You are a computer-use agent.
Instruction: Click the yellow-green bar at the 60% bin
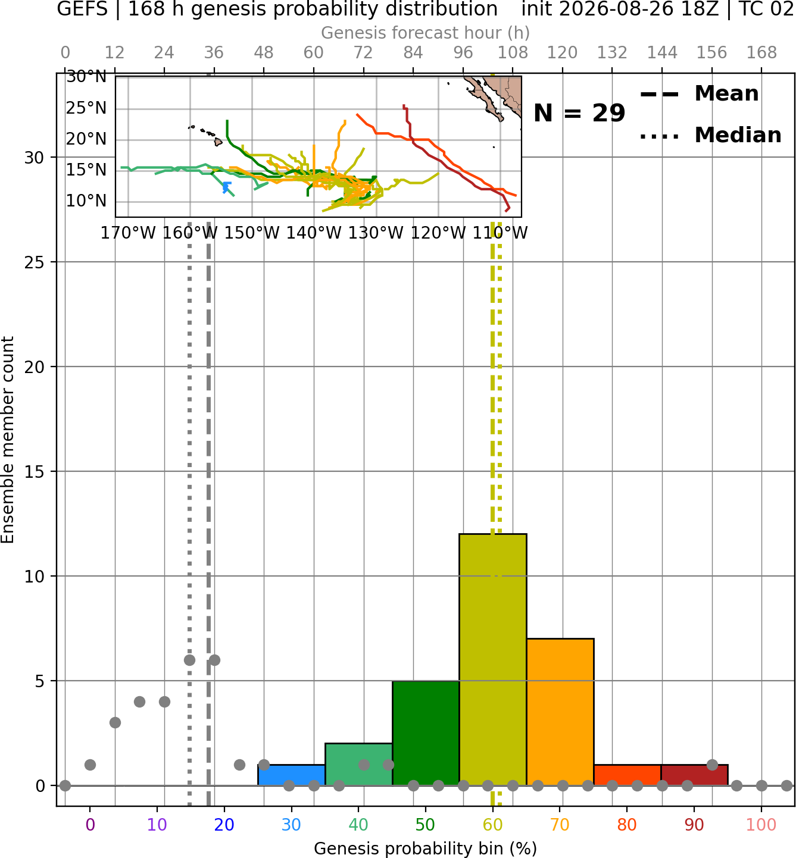pos(493,659)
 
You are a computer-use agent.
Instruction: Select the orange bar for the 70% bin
pos(560,712)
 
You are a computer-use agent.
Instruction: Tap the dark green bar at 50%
pos(426,732)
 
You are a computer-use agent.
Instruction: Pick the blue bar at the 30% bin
pos(291,775)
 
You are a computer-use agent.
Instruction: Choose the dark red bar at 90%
pos(694,775)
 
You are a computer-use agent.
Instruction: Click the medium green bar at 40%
pos(359,764)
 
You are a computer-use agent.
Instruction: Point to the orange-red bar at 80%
pos(628,775)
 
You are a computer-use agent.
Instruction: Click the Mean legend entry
pos(699,94)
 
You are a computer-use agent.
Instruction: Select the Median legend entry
pos(710,135)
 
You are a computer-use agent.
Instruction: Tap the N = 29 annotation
pos(579,113)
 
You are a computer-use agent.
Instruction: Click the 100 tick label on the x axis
pos(761,825)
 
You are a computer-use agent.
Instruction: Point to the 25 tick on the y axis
pos(35,262)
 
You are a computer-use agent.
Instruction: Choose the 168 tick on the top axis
pos(761,53)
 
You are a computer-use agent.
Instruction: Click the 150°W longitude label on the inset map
pos(252,233)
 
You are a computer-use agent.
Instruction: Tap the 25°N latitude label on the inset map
pos(86,108)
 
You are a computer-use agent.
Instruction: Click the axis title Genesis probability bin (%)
pos(426,848)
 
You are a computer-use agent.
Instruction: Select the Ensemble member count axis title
pos(8,440)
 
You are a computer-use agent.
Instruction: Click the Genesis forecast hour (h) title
pos(426,33)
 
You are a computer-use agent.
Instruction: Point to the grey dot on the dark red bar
pos(712,765)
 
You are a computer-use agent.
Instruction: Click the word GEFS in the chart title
pos(82,9)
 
